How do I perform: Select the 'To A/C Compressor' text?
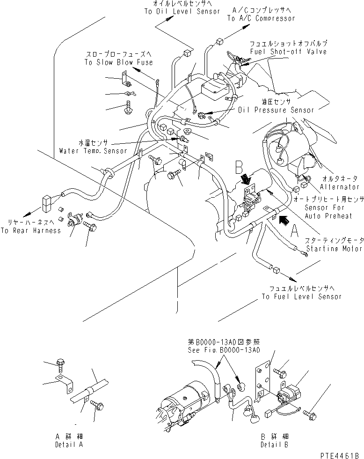click(x=261, y=18)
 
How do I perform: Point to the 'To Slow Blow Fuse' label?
click(x=118, y=62)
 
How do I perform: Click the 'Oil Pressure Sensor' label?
click(x=276, y=110)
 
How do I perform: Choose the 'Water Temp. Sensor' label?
click(x=93, y=151)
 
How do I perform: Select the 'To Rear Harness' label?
click(x=30, y=230)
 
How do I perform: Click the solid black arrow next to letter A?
click(x=284, y=218)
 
